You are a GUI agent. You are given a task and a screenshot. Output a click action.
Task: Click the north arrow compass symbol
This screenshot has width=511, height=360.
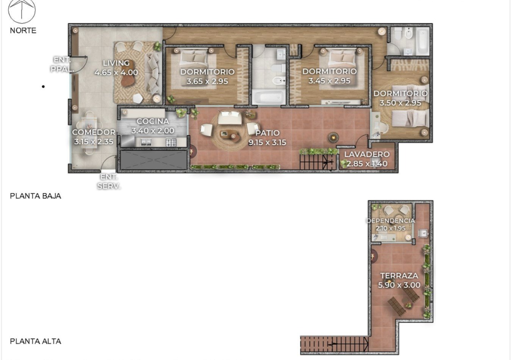pos(22,11)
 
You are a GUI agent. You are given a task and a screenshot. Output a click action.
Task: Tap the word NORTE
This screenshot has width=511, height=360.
pos(23,31)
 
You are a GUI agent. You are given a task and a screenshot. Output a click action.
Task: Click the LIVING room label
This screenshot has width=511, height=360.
pos(116,63)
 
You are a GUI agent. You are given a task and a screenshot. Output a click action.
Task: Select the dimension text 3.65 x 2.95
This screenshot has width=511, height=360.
pos(207,81)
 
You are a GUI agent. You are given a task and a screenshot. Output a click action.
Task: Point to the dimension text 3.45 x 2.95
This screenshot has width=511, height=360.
pos(329,81)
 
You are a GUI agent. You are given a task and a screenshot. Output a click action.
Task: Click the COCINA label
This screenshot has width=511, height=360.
pos(153,121)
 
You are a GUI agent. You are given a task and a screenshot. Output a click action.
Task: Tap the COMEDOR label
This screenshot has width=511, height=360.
pos(94,132)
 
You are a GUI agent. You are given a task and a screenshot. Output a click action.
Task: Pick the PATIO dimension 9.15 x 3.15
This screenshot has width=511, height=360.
pos(267,142)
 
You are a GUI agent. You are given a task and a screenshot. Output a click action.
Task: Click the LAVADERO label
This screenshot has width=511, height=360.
pos(367,154)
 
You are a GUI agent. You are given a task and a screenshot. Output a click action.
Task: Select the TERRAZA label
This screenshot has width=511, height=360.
pos(399,276)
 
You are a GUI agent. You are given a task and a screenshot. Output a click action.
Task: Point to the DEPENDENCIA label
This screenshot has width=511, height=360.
pos(390,221)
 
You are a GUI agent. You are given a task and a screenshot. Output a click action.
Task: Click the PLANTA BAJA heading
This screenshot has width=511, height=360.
pos(35,196)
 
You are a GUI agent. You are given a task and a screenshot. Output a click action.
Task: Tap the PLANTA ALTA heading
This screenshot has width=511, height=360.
pos(35,341)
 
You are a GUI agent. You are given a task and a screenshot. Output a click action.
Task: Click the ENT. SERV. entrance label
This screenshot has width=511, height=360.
pos(109,181)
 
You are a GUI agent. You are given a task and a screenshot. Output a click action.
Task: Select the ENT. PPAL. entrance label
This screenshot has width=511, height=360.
pos(62,64)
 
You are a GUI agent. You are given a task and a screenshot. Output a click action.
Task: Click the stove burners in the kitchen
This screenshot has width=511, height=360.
pos(171,142)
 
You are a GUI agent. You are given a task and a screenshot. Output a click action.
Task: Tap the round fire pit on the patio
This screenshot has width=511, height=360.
pos(333,138)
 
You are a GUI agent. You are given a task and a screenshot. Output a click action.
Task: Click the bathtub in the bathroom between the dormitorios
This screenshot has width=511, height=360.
pos(269,97)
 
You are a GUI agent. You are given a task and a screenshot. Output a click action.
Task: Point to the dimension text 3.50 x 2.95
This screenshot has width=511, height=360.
pos(400,103)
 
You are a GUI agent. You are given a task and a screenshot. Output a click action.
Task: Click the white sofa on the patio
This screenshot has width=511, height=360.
pos(230,117)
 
